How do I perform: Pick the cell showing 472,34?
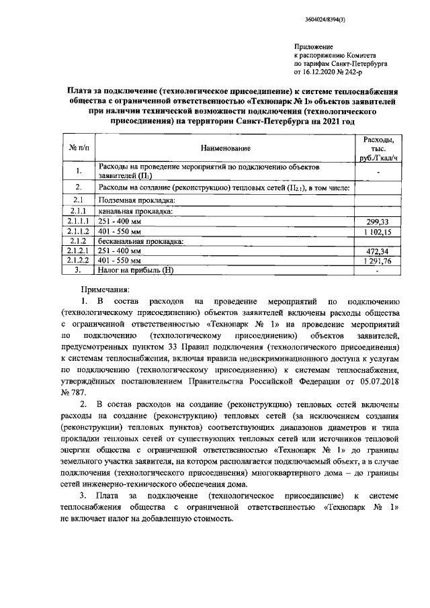click(x=378, y=251)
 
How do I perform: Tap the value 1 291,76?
click(x=378, y=261)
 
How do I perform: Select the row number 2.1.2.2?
click(x=78, y=261)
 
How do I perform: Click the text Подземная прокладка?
click(x=137, y=200)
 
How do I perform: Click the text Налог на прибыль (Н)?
click(x=136, y=270)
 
